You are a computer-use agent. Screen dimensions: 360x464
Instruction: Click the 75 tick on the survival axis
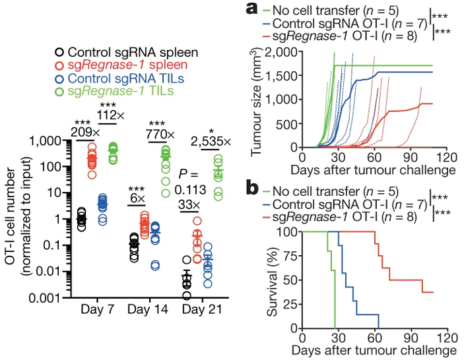tap(288, 256)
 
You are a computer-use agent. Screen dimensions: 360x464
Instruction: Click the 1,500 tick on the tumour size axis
tap(281, 76)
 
